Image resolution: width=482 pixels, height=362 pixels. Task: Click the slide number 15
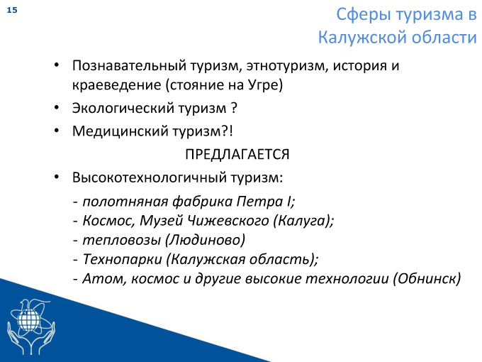click(x=12, y=10)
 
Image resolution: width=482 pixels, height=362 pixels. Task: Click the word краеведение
click(x=116, y=85)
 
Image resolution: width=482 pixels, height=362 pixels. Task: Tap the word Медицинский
click(x=120, y=131)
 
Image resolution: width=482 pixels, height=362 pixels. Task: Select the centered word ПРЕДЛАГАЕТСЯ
click(x=237, y=154)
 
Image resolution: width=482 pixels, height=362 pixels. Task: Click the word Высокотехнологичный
click(x=150, y=177)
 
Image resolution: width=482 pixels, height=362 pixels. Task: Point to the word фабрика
click(x=202, y=202)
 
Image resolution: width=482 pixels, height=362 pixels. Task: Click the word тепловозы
click(x=122, y=240)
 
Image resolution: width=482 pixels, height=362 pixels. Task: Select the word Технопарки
click(x=123, y=259)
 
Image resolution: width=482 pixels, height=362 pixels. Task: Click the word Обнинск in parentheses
click(x=427, y=278)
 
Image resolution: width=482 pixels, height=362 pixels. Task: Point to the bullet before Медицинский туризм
click(x=57, y=131)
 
